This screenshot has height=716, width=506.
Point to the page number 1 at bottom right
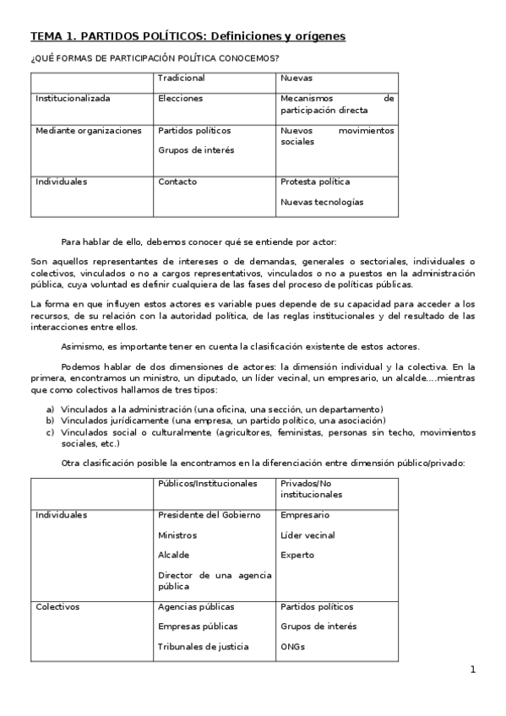pyautogui.click(x=473, y=670)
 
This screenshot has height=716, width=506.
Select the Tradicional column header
pyautogui.click(x=181, y=78)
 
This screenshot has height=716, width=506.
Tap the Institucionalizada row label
pyautogui.click(x=73, y=98)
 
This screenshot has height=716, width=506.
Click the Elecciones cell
pyautogui.click(x=180, y=98)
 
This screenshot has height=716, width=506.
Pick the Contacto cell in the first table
pyautogui.click(x=177, y=182)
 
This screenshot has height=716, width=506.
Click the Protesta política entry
pyautogui.click(x=315, y=182)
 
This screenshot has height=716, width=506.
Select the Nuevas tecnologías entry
pyautogui.click(x=322, y=202)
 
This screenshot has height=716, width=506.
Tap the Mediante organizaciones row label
pyautogui.click(x=89, y=131)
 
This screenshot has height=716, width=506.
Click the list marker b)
pyautogui.click(x=51, y=420)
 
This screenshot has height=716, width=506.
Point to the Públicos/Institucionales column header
pyautogui.click(x=207, y=483)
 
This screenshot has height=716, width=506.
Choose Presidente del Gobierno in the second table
pyautogui.click(x=209, y=515)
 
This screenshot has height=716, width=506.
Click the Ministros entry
pyautogui.click(x=177, y=535)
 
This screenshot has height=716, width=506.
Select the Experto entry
pyautogui.click(x=297, y=556)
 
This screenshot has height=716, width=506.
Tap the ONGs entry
pyautogui.click(x=293, y=647)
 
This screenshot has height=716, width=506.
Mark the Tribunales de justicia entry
pyautogui.click(x=204, y=647)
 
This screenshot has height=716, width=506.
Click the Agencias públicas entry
pyautogui.click(x=196, y=607)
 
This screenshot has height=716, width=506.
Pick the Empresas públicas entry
pyautogui.click(x=198, y=626)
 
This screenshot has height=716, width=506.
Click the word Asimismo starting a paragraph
pyautogui.click(x=83, y=347)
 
